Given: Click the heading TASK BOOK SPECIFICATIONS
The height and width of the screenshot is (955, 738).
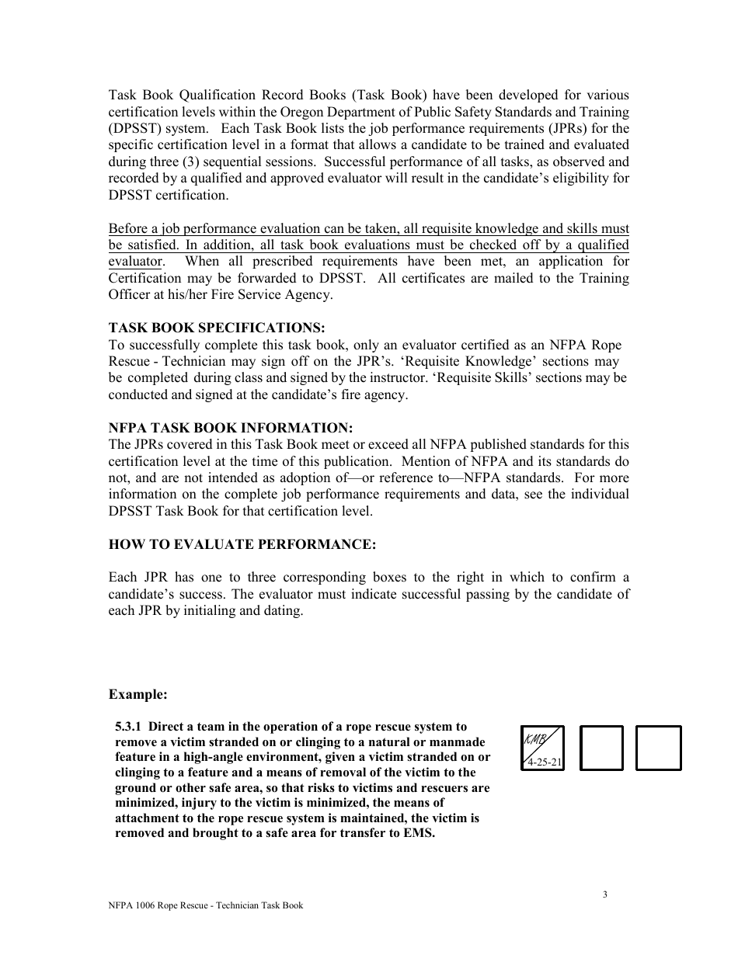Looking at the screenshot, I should pos(217,328).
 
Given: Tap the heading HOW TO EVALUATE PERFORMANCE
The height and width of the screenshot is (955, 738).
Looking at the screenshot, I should pos(242,545).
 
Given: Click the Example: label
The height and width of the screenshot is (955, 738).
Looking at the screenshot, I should pos(138,693).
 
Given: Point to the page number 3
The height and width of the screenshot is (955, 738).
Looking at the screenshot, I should pos(604,894).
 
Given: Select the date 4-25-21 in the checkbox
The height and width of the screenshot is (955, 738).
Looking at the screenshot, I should pos(545,762).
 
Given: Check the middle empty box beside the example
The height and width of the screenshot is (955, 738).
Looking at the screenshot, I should pos(601,748).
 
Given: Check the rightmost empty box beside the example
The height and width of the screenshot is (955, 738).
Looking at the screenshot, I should pos(658,748).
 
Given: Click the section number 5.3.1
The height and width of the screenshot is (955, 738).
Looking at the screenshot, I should pos(128,727).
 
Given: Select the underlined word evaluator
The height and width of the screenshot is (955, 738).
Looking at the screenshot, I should pos(135,262).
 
